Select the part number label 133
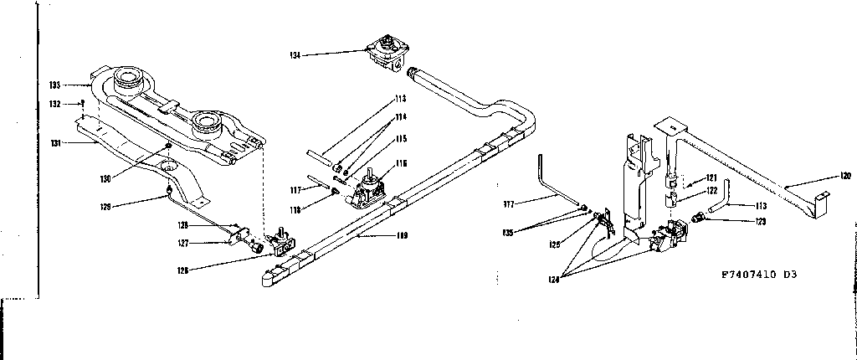point(54,85)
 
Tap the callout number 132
point(54,104)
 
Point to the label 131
point(54,144)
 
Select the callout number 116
point(402,163)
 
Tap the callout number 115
point(402,138)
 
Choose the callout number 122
point(711,192)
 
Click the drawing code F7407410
point(750,274)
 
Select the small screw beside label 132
point(83,102)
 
